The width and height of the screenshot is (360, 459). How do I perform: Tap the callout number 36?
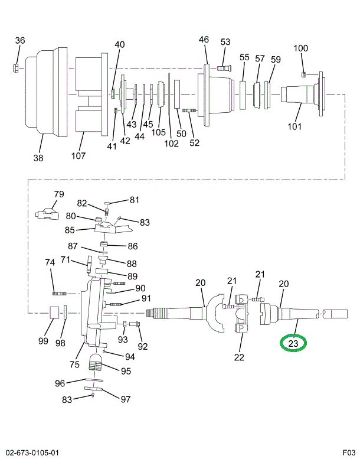(x=20, y=41)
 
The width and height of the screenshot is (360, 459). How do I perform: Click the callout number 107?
(x=78, y=156)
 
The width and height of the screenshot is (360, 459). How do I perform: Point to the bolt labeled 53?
(x=224, y=68)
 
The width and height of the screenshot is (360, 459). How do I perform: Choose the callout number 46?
(x=204, y=40)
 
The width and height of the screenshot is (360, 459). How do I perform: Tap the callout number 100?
(x=301, y=48)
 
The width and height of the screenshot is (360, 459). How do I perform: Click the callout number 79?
(x=58, y=194)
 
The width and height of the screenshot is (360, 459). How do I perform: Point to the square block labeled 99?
(x=53, y=313)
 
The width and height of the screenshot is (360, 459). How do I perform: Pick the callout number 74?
(x=50, y=262)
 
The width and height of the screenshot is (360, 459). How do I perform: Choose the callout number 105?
(x=158, y=132)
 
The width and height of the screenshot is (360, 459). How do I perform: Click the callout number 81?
(x=135, y=200)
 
